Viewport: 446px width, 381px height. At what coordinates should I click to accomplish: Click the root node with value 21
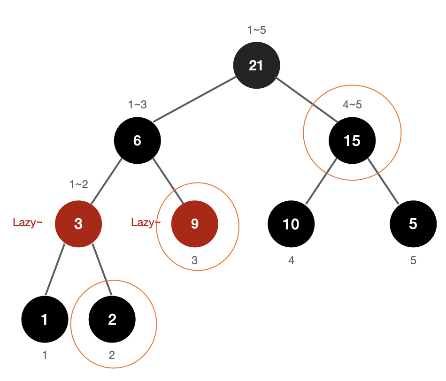[256, 65]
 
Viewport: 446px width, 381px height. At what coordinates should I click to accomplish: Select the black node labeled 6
[138, 140]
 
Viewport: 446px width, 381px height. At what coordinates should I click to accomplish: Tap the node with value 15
[352, 140]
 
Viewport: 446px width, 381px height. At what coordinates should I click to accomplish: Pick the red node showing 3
[78, 224]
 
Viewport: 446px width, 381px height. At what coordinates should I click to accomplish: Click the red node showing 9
[195, 224]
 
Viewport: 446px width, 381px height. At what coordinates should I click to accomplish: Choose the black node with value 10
[291, 224]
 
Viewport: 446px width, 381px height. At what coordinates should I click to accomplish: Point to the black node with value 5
[413, 224]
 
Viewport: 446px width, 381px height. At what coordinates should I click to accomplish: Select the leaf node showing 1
[45, 320]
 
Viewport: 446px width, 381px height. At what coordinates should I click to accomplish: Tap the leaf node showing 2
[112, 320]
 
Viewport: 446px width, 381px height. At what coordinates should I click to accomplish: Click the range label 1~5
[256, 30]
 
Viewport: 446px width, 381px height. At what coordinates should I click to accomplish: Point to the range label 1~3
[138, 105]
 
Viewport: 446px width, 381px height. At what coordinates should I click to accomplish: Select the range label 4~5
[352, 105]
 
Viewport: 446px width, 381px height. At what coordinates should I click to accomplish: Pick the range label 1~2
[78, 184]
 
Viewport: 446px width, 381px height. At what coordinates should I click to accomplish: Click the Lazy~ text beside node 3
[28, 222]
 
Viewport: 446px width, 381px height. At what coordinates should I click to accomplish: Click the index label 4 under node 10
[291, 260]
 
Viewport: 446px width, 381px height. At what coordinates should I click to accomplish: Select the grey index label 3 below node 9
[195, 260]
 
